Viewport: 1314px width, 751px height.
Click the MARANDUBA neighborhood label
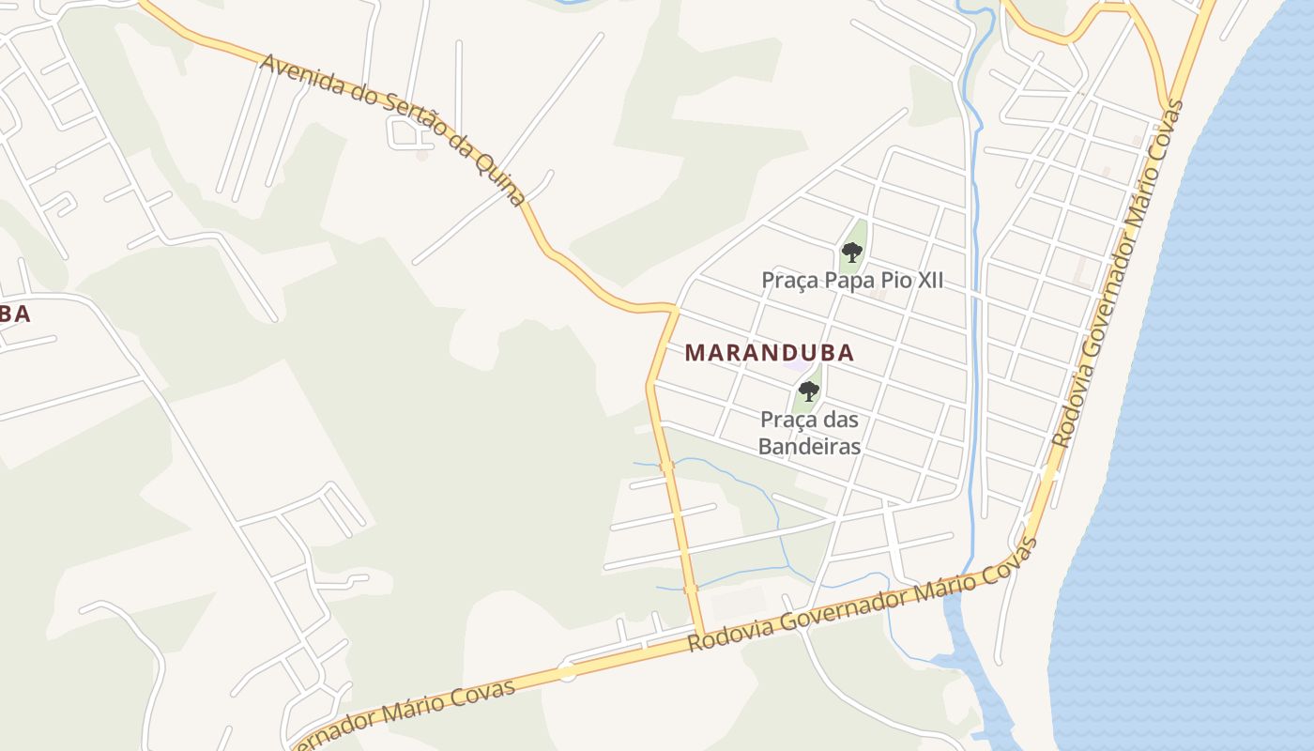point(770,353)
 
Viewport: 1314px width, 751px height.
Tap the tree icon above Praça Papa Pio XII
point(852,252)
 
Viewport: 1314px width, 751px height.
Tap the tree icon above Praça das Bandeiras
point(809,391)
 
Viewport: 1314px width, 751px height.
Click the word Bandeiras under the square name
point(809,447)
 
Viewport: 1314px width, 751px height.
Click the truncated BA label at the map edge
point(14,314)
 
